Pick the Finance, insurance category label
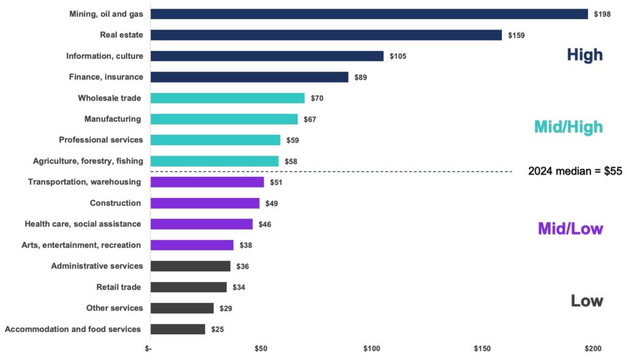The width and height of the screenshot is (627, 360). point(105,77)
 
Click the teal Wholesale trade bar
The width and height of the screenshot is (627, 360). point(227,98)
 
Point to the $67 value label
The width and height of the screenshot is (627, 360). point(310,119)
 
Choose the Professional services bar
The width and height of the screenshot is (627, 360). point(215,140)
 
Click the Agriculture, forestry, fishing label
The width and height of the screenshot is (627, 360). point(88,161)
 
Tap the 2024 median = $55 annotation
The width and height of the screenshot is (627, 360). point(575,171)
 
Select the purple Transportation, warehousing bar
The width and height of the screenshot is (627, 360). point(207,182)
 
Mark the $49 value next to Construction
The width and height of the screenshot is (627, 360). point(272,203)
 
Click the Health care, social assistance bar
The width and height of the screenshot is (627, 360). point(201,224)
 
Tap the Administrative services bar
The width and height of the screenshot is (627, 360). point(190,266)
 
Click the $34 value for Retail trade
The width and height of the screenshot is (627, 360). point(239,287)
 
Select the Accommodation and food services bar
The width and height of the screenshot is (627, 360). point(178,329)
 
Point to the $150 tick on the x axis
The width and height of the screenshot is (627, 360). point(482,349)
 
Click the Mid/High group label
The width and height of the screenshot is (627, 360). point(568,127)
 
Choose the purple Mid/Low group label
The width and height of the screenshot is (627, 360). point(570,229)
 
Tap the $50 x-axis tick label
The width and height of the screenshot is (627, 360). point(261,349)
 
